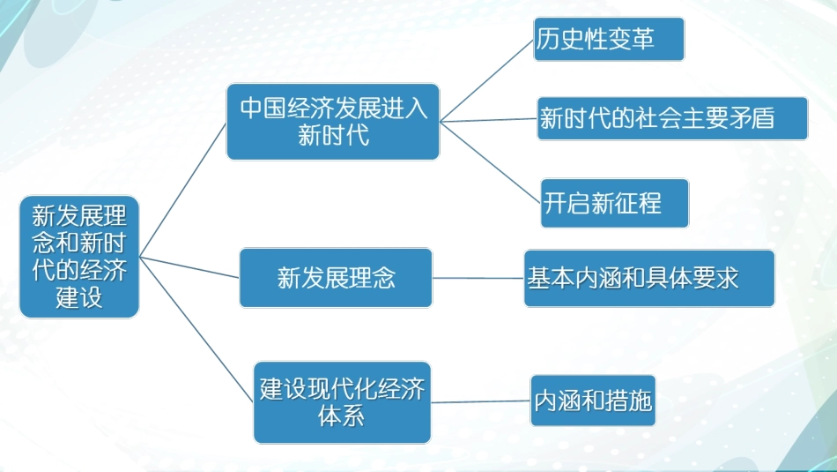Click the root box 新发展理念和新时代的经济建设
pyautogui.click(x=79, y=256)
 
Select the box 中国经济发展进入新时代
pyautogui.click(x=333, y=122)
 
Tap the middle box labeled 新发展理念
pyautogui.click(x=336, y=278)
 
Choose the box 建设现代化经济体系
pyautogui.click(x=342, y=402)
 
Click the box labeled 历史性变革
pyautogui.click(x=609, y=39)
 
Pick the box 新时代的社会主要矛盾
pyautogui.click(x=673, y=118)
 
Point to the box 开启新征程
pyautogui.click(x=614, y=203)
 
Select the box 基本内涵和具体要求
pyautogui.click(x=649, y=278)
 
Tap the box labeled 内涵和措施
pyautogui.click(x=593, y=401)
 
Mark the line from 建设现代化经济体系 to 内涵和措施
pyautogui.click(x=480, y=401)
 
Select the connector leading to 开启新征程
pyautogui.click(x=490, y=162)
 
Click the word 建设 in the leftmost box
pyautogui.click(x=79, y=296)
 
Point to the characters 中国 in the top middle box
pyautogui.click(x=263, y=108)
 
